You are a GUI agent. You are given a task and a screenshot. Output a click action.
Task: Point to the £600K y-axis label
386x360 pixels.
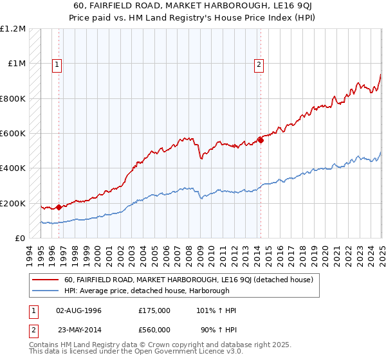13,134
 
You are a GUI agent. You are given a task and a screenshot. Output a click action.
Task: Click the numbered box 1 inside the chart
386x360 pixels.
57,64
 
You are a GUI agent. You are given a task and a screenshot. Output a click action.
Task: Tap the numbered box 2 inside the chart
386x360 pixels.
259,64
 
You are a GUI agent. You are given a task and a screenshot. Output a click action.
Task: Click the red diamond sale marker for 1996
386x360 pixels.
59,207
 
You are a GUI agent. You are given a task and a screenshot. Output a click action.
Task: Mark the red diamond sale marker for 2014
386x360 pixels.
261,140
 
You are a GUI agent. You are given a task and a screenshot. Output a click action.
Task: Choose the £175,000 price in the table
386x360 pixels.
154,310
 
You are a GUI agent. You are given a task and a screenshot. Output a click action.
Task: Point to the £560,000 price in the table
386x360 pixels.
154,330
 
